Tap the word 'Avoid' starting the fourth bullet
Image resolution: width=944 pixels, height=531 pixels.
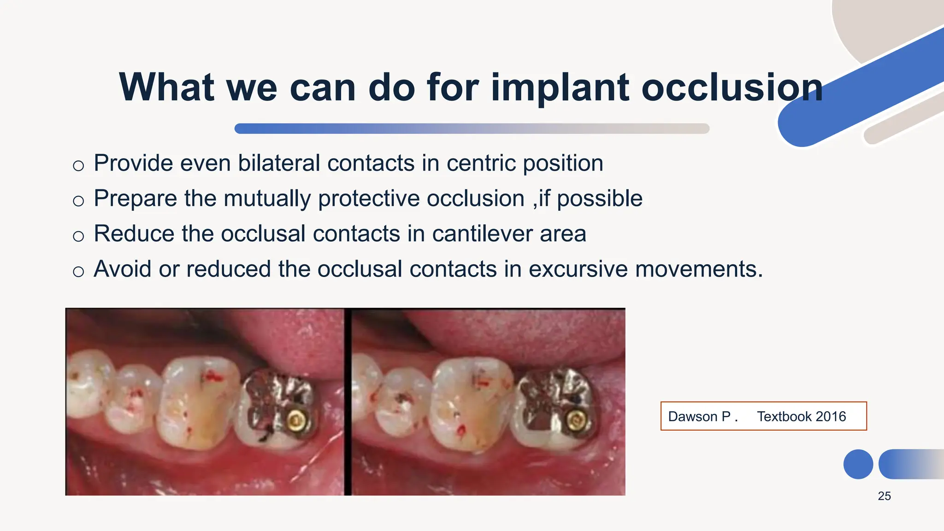pos(122,269)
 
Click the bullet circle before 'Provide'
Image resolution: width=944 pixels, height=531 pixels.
pos(78,166)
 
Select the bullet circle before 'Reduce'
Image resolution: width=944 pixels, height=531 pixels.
pos(78,236)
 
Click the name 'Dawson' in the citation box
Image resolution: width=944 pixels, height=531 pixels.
pos(693,417)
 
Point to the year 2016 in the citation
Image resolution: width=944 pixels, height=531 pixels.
pos(831,417)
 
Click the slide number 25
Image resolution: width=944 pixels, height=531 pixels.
pos(884,496)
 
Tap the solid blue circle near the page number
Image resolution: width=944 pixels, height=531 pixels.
pos(858,464)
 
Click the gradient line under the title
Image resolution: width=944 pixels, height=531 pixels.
pos(472,129)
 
